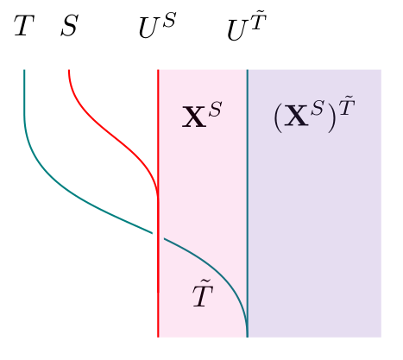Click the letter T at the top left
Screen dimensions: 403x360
click(24, 25)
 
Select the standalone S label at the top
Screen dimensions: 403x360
click(69, 26)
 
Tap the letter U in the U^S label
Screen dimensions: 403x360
click(149, 28)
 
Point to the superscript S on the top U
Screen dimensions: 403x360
click(168, 20)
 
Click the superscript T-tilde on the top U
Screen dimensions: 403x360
click(258, 21)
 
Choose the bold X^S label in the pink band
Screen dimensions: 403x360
click(202, 115)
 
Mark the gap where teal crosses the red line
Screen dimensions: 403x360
click(158, 236)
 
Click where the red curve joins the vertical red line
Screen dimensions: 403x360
click(158, 199)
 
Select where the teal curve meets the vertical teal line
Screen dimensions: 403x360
click(248, 334)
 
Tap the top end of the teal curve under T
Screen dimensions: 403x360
click(24, 70)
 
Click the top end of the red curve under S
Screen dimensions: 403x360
click(69, 70)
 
